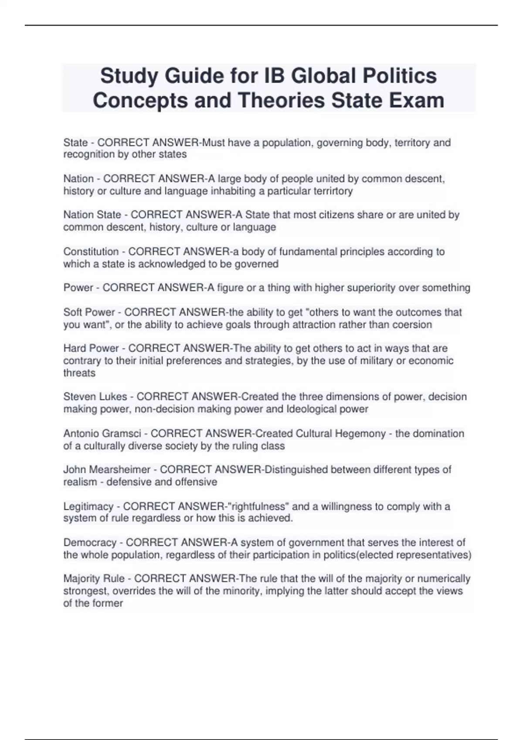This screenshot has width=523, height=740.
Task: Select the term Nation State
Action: point(92,215)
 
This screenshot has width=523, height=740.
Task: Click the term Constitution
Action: point(91,252)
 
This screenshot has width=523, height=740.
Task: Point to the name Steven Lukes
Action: point(95,397)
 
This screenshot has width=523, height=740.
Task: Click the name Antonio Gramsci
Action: point(102,434)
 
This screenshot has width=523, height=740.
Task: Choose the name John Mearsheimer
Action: point(107,470)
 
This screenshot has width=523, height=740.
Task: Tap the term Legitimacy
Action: point(88,506)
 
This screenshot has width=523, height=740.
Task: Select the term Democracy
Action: point(90,542)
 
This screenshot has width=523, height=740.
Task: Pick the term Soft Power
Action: point(89,312)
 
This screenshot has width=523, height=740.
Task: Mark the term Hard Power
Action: point(91,348)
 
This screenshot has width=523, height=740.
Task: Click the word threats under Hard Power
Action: point(79,373)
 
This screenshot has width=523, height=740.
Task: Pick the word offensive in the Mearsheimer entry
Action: point(196,482)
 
